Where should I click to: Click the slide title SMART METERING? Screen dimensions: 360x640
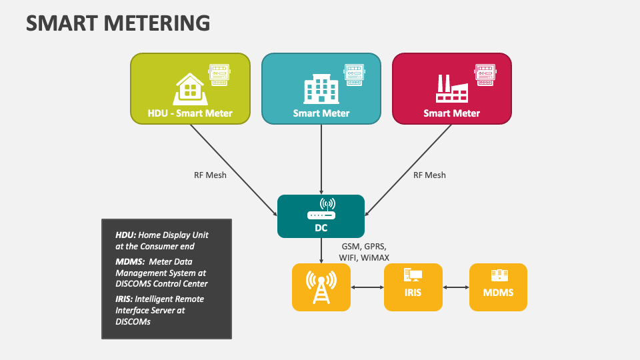pyautogui.click(x=118, y=23)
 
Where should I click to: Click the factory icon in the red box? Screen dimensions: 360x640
pyautogui.click(x=451, y=87)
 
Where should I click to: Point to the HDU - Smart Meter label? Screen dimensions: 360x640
pyautogui.click(x=190, y=113)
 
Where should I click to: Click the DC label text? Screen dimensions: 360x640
pyautogui.click(x=321, y=227)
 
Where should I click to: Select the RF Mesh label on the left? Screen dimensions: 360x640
pyautogui.click(x=210, y=175)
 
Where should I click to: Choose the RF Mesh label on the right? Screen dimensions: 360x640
pyautogui.click(x=429, y=175)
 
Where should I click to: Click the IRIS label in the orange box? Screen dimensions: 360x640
pyautogui.click(x=413, y=292)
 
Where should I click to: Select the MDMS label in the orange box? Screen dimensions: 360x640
pyautogui.click(x=498, y=292)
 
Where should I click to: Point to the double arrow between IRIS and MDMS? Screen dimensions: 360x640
pyautogui.click(x=456, y=287)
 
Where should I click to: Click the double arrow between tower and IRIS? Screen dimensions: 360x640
pyautogui.click(x=367, y=287)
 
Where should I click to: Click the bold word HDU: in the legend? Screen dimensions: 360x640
pyautogui.click(x=126, y=235)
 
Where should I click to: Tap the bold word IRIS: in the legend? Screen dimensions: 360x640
pyautogui.click(x=127, y=299)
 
